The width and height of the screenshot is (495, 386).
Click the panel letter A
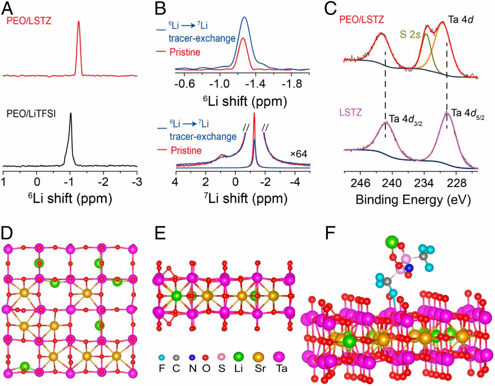pyautogui.click(x=9, y=8)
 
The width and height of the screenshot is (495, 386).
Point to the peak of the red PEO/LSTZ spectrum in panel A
pyautogui.click(x=79, y=22)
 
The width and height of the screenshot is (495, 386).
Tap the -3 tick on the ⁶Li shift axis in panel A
pyautogui.click(x=137, y=182)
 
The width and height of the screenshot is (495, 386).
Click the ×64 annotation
pyautogui.click(x=299, y=154)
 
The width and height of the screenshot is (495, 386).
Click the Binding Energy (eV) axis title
pyautogui.click(x=413, y=200)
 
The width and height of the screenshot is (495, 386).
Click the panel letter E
pyautogui.click(x=160, y=233)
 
